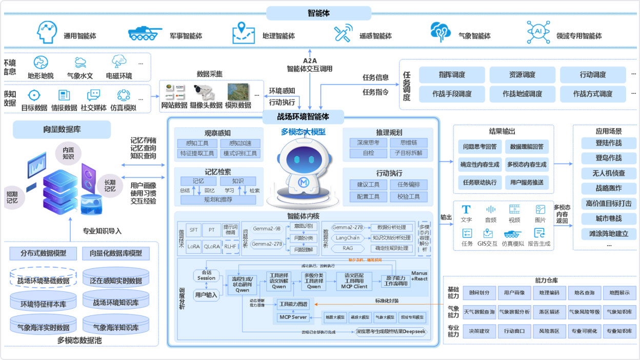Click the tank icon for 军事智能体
click(145, 33)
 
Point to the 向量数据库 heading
click(62, 129)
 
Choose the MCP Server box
click(292, 317)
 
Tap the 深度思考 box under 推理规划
click(367, 143)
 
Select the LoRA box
click(193, 246)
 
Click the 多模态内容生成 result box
click(527, 165)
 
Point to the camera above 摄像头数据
click(204, 92)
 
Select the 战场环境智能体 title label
click(303, 117)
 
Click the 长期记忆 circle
click(110, 186)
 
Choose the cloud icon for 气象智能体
click(441, 32)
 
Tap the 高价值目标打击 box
click(608, 203)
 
